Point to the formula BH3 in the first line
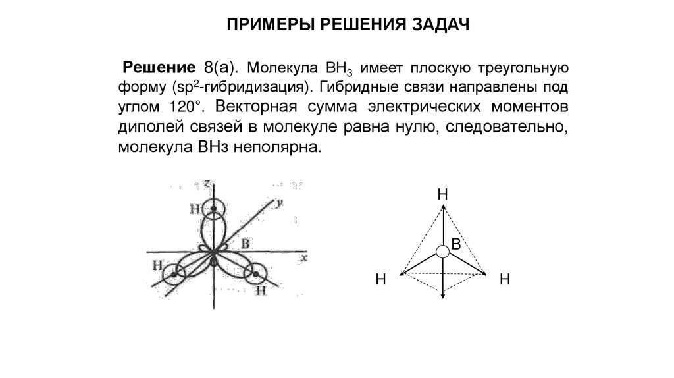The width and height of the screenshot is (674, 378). (336, 68)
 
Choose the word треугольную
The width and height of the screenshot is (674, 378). (522, 67)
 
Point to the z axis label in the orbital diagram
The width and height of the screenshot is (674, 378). (207, 184)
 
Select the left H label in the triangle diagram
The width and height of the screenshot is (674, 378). (380, 280)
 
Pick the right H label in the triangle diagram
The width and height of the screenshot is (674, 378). (505, 280)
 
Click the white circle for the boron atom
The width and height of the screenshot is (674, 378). (442, 250)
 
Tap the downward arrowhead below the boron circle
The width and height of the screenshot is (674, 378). (442, 296)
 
